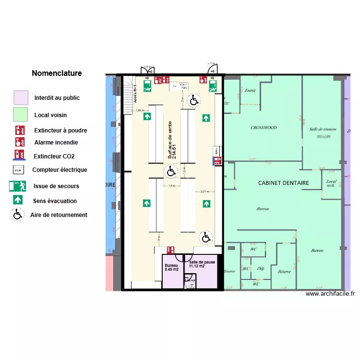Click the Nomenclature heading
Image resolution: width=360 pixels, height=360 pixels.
(x=57, y=73)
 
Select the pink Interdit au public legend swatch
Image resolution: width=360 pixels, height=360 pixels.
(x=21, y=98)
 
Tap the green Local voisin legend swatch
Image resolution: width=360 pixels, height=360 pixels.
(x=21, y=114)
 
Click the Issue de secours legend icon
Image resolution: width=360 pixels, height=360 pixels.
(x=18, y=186)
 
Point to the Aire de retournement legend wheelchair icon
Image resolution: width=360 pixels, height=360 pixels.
(x=18, y=215)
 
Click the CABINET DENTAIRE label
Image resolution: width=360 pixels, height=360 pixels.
(x=283, y=183)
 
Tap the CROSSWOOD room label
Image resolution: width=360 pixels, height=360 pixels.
(x=264, y=128)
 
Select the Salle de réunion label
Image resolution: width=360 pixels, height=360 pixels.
(x=323, y=129)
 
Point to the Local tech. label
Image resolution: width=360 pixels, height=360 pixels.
(x=331, y=183)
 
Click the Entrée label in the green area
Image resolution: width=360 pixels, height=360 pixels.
(x=250, y=90)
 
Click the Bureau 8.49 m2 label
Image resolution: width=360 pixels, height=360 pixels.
(x=171, y=267)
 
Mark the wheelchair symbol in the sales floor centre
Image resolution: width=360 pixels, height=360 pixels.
(x=170, y=170)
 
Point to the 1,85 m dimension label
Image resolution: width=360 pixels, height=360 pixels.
(x=140, y=110)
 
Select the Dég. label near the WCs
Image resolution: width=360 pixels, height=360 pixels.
(x=261, y=268)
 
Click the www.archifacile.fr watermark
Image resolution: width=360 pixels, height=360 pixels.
(x=330, y=294)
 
